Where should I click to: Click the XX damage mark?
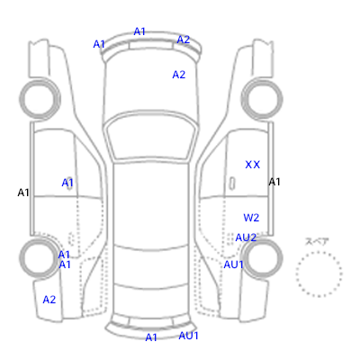coord(252,165)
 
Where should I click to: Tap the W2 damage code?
coord(251,218)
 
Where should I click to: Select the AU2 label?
coord(246,238)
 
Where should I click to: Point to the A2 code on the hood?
coord(179,75)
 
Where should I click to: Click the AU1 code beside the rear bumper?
coord(188,336)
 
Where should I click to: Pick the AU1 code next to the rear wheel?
coord(233,265)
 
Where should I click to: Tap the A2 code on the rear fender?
coord(49,300)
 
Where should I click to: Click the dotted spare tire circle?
coord(319,252)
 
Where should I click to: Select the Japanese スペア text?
coord(317,241)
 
